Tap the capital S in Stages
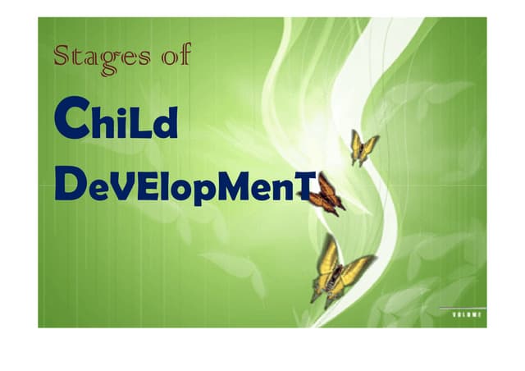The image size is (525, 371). pyautogui.click(x=63, y=57)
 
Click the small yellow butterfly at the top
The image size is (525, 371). pyautogui.click(x=363, y=148)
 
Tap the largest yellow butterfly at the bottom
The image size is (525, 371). pyautogui.click(x=338, y=267)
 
